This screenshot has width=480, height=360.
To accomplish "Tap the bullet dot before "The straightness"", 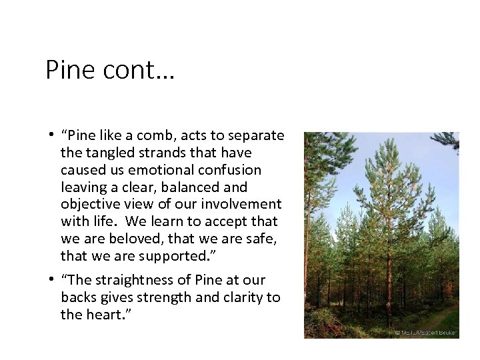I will [51, 280].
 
